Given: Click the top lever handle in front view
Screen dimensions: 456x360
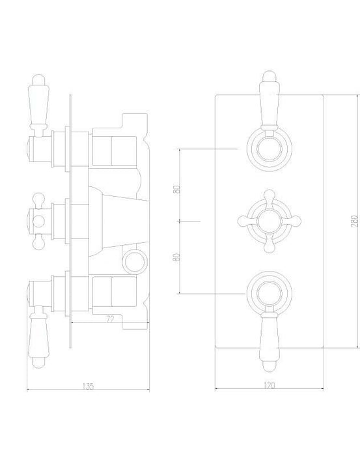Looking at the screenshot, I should tap(267, 102).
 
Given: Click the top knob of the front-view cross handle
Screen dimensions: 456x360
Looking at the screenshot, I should tap(268, 193).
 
